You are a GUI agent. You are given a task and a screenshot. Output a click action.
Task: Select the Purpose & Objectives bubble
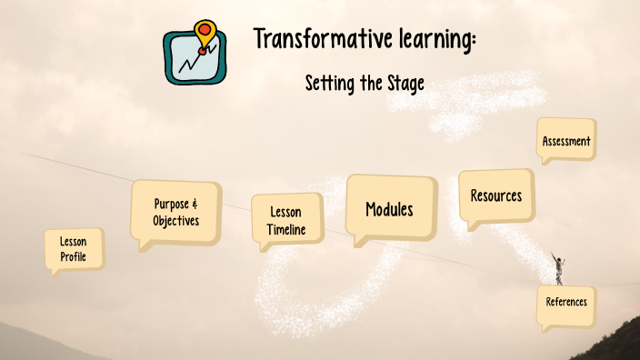click(175, 212)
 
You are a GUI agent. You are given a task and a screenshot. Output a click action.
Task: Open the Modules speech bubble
click(389, 209)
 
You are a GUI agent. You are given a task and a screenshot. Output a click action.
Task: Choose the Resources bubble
click(496, 195)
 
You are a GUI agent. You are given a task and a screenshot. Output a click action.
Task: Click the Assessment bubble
click(566, 141)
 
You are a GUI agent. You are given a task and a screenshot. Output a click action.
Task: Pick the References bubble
click(566, 302)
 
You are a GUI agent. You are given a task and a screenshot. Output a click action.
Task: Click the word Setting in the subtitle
click(331, 84)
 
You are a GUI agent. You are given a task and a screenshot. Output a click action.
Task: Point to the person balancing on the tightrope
click(559, 269)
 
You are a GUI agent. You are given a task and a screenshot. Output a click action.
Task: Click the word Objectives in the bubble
click(175, 221)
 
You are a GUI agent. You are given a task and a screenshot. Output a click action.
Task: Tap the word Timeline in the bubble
click(286, 230)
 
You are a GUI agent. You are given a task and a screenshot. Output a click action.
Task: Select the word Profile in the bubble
click(74, 257)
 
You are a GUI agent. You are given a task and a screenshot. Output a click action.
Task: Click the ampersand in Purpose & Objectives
click(195, 205)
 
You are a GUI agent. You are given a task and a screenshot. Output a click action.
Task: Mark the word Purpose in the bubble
click(171, 205)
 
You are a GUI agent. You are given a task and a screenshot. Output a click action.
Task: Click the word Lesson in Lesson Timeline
click(286, 211)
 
